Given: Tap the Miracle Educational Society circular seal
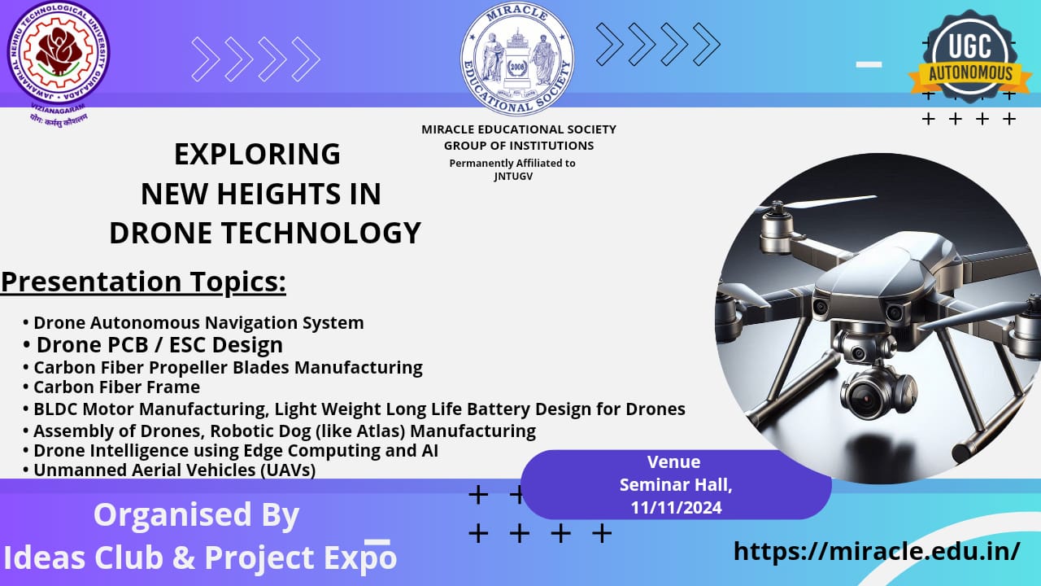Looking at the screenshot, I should [516, 59].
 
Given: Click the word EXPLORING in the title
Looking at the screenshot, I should [257, 154].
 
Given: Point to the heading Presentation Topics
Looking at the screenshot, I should [144, 282].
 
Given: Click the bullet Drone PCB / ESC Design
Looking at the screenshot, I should [159, 345].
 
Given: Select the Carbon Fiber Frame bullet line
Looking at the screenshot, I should [116, 387].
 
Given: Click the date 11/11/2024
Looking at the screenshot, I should [676, 507].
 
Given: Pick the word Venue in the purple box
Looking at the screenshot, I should [673, 462].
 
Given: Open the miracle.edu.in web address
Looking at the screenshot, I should [876, 551].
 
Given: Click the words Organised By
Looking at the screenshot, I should [196, 515].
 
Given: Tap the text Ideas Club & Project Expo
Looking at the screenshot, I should [200, 558].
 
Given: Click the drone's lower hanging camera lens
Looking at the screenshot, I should [866, 398].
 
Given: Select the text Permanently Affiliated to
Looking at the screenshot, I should [512, 164].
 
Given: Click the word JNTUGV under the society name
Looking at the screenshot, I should [512, 176].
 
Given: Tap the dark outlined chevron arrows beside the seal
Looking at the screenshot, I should [657, 43].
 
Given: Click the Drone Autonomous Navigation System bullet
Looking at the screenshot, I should [198, 323].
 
